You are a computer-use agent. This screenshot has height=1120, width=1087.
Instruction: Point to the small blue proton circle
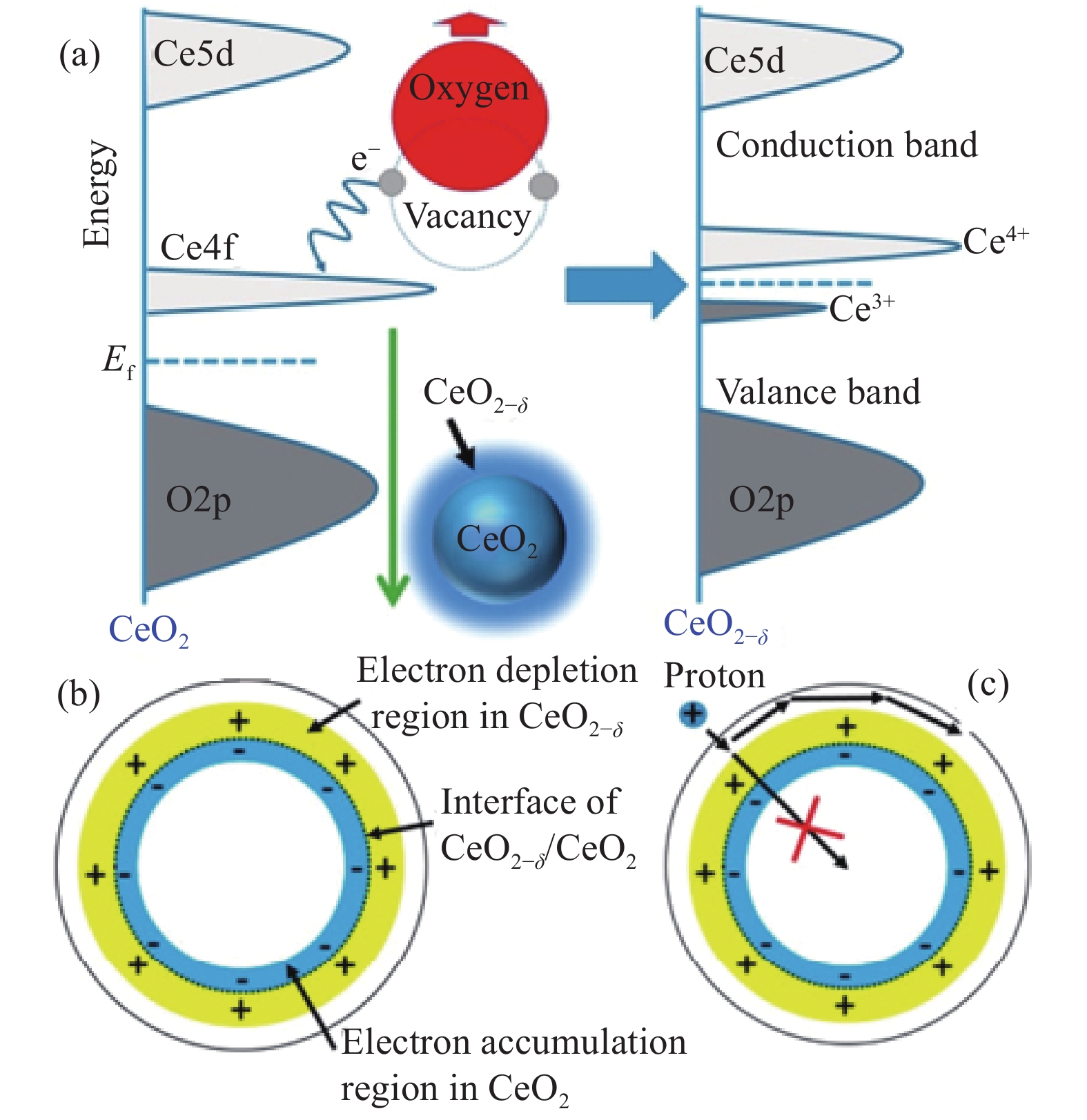pos(693,714)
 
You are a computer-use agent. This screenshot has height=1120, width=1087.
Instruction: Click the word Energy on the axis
pos(97,194)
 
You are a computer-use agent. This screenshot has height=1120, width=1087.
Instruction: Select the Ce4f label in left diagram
pos(198,246)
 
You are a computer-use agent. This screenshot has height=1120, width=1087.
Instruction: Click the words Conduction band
pos(846,145)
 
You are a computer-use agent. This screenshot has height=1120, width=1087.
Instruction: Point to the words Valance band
pos(819,392)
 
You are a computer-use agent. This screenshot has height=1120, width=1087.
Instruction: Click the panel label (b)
pos(79,694)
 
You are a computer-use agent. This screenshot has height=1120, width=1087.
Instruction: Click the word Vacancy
pos(467,216)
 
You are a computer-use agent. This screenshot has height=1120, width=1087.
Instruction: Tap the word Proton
pos(714,676)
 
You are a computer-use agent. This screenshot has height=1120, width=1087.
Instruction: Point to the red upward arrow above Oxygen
pos(469,25)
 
